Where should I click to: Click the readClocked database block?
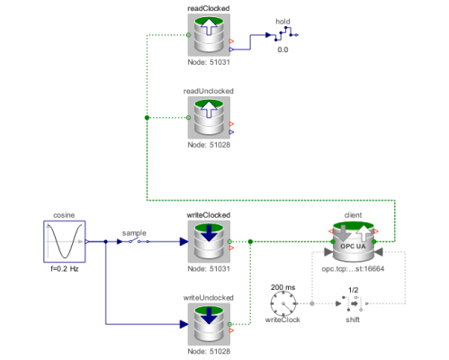click(209, 35)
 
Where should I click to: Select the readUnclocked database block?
click(209, 118)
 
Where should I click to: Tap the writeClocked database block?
click(209, 241)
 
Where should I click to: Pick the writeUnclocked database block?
click(209, 324)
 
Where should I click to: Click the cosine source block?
click(65, 241)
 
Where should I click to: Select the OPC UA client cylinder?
click(354, 241)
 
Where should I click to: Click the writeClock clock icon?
click(283, 304)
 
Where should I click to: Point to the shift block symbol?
click(353, 303)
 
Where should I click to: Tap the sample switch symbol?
click(134, 241)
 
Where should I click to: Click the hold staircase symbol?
click(283, 34)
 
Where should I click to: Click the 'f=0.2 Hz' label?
click(65, 269)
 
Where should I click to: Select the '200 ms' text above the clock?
click(283, 287)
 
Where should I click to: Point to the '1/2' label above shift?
click(353, 290)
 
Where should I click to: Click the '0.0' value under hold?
click(283, 49)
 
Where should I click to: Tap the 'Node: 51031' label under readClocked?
click(209, 62)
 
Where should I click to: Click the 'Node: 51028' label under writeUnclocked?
click(209, 351)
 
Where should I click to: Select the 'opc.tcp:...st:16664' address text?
click(353, 269)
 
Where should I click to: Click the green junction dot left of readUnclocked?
click(147, 118)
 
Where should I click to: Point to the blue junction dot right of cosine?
click(105, 241)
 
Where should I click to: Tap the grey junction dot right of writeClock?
click(312, 303)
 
